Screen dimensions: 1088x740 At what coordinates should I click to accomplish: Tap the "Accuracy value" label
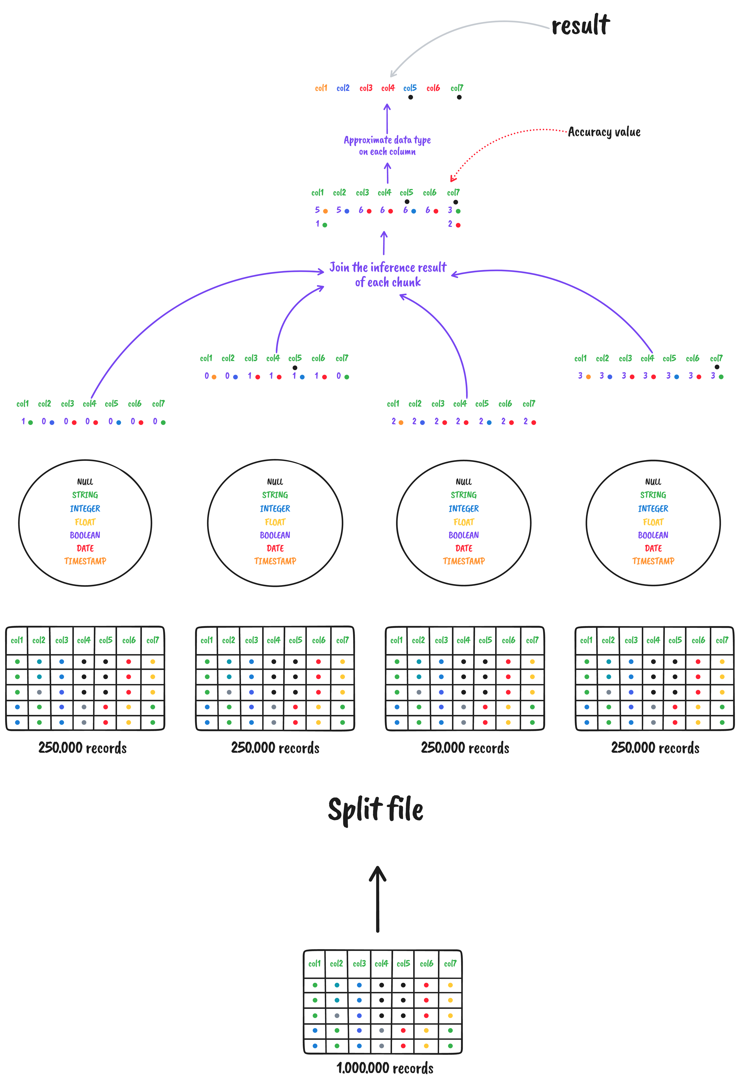[604, 133]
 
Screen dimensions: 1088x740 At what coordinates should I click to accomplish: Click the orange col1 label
[321, 88]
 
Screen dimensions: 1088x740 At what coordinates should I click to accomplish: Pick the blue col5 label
[410, 88]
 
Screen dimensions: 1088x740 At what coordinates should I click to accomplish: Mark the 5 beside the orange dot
[318, 210]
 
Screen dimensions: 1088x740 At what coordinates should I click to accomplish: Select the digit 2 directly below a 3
[450, 224]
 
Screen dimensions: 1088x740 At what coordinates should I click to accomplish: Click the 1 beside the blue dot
[294, 376]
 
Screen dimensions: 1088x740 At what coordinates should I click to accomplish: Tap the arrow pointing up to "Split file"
[377, 899]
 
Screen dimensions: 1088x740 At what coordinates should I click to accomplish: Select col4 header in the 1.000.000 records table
[381, 964]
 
